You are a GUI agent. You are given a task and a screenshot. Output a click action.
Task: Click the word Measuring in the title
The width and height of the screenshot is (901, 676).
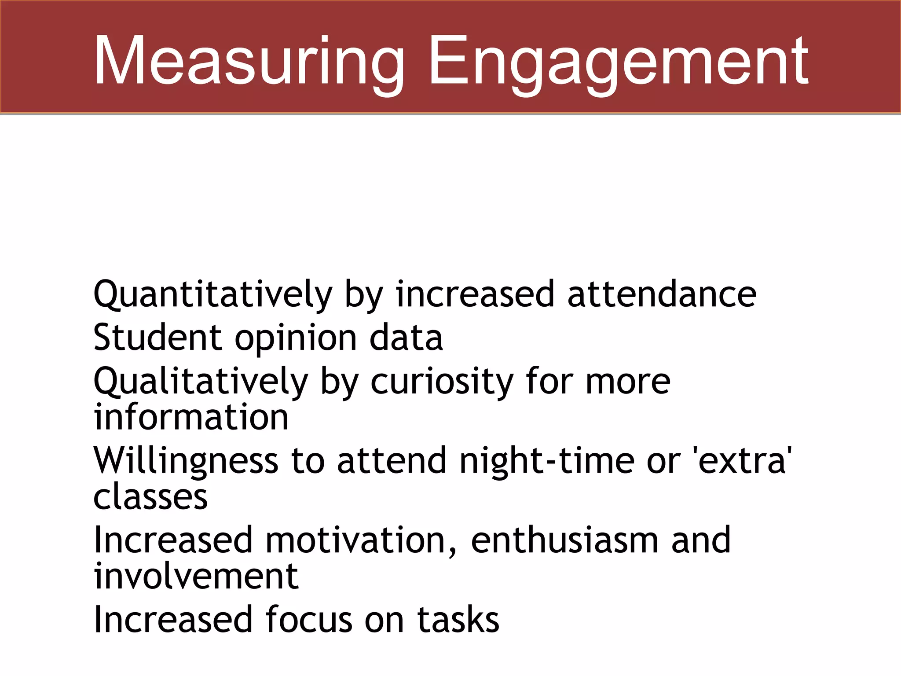pyautogui.click(x=249, y=62)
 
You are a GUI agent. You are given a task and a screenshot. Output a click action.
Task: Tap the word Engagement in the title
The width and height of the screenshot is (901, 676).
pyautogui.click(x=619, y=62)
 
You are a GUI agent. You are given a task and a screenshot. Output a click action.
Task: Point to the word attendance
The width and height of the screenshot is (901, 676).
pyautogui.click(x=662, y=294)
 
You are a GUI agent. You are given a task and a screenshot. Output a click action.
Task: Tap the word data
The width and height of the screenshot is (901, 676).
pyautogui.click(x=406, y=338)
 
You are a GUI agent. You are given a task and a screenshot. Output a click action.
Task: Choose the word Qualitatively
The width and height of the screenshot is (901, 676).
pyautogui.click(x=201, y=382)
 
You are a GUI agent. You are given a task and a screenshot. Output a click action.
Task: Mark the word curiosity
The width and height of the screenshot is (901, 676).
pyautogui.click(x=442, y=382)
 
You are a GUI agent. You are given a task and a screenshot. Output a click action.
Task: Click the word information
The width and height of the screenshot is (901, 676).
pyautogui.click(x=191, y=417)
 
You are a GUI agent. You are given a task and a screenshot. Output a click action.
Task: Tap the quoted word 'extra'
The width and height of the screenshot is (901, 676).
pyautogui.click(x=742, y=460)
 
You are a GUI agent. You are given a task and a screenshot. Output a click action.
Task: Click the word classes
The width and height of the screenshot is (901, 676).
pyautogui.click(x=150, y=497)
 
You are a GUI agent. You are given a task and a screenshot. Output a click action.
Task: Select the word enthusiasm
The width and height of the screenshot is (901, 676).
pyautogui.click(x=564, y=540)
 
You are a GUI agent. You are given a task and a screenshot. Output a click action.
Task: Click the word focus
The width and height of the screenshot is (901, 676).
pyautogui.click(x=309, y=620)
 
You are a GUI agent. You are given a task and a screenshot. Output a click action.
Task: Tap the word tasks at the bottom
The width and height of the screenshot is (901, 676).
pyautogui.click(x=458, y=620)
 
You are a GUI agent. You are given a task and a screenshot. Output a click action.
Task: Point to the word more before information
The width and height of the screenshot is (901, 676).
pyautogui.click(x=628, y=382)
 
